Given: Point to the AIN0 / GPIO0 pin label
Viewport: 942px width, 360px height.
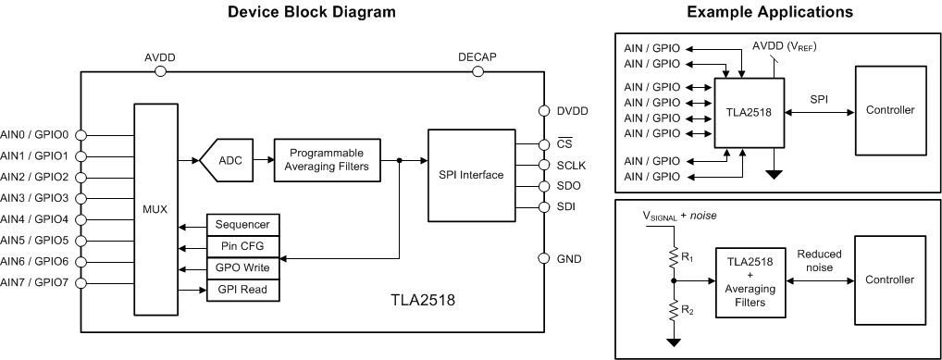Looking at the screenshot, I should (x=36, y=133).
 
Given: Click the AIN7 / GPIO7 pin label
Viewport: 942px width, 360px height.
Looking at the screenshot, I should (x=36, y=283).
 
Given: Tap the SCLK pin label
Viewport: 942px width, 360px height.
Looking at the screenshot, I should (x=571, y=165).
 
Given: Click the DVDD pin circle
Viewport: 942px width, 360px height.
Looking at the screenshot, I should (x=544, y=111).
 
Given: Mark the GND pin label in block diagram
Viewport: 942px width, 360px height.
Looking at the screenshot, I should (x=569, y=259).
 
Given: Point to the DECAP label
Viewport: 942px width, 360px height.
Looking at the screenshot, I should (x=477, y=56).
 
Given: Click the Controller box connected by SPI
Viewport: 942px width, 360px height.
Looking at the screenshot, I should (x=889, y=110).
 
